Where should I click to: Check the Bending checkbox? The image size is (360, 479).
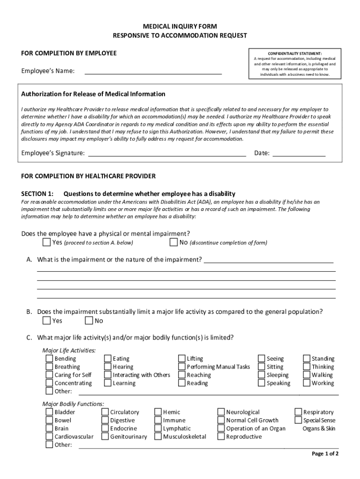click(x=49, y=359)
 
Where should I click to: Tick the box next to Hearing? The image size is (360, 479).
click(x=108, y=367)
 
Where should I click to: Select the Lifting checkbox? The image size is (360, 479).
click(x=182, y=359)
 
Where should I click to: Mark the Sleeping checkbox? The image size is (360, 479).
click(x=261, y=375)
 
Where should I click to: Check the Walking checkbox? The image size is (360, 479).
click(x=307, y=375)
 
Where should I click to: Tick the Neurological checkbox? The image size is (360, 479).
click(x=221, y=412)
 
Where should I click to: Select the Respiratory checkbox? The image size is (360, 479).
click(x=298, y=412)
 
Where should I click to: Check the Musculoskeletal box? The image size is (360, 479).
click(x=158, y=436)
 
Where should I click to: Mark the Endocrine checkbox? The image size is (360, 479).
click(x=105, y=428)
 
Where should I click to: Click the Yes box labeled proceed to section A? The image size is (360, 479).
click(x=47, y=242)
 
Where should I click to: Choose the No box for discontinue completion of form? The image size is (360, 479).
click(x=174, y=242)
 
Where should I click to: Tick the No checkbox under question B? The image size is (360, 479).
click(x=89, y=320)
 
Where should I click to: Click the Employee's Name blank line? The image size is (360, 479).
click(x=153, y=71)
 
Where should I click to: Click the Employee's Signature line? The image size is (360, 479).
click(x=167, y=153)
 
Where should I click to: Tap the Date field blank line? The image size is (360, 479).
click(x=299, y=153)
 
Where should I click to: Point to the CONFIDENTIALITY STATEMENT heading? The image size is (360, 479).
click(x=295, y=53)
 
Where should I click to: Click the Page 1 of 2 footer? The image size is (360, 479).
click(x=325, y=454)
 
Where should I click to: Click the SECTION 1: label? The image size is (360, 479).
click(x=37, y=194)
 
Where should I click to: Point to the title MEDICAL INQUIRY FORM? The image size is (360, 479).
click(x=180, y=27)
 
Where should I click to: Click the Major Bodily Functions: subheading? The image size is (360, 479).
click(x=73, y=404)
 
